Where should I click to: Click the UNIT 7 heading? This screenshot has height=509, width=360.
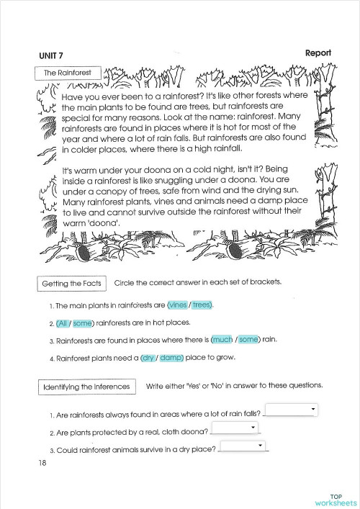pos(53,55)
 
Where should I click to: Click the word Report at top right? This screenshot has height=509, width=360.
pos(318,53)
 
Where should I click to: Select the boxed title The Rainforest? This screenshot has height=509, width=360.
pos(67,73)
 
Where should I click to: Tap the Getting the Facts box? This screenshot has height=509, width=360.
pos(72,284)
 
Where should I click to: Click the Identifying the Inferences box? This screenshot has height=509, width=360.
pos(86,387)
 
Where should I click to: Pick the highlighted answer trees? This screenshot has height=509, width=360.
pos(203,305)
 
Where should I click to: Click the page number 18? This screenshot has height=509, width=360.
pos(43,464)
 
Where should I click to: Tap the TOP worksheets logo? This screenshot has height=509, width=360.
pos(335,499)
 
